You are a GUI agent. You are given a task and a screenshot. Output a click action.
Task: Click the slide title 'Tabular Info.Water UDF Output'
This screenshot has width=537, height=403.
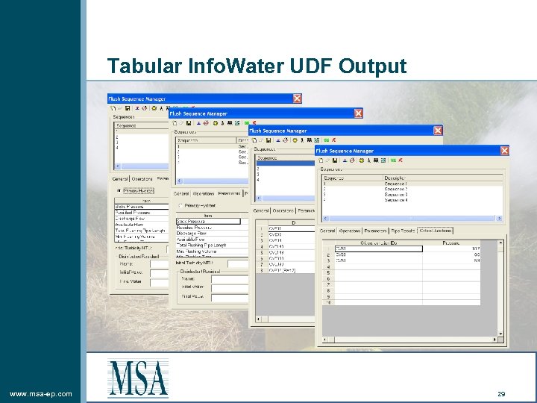[x=257, y=66]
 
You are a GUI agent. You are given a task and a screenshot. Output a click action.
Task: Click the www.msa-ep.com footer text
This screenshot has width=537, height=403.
[x=40, y=393]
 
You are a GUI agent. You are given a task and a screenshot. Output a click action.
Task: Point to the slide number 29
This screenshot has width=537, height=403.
[x=501, y=393]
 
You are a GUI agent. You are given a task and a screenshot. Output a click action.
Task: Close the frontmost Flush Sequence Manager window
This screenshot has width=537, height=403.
[x=504, y=150]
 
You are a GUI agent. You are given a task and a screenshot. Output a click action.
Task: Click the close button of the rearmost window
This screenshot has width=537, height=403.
[x=297, y=98]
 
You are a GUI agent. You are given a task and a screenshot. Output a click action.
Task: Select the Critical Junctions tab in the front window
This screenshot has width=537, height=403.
[x=436, y=231]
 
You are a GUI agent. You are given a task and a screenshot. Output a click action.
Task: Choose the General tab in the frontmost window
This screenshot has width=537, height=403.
[x=328, y=231]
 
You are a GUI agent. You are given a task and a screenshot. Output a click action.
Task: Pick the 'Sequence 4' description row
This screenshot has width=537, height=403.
[x=396, y=200]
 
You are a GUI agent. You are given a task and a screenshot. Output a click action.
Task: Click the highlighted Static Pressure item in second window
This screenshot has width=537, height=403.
[x=207, y=221]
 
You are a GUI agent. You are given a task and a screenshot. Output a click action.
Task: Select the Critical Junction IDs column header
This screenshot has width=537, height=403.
[x=377, y=243]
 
